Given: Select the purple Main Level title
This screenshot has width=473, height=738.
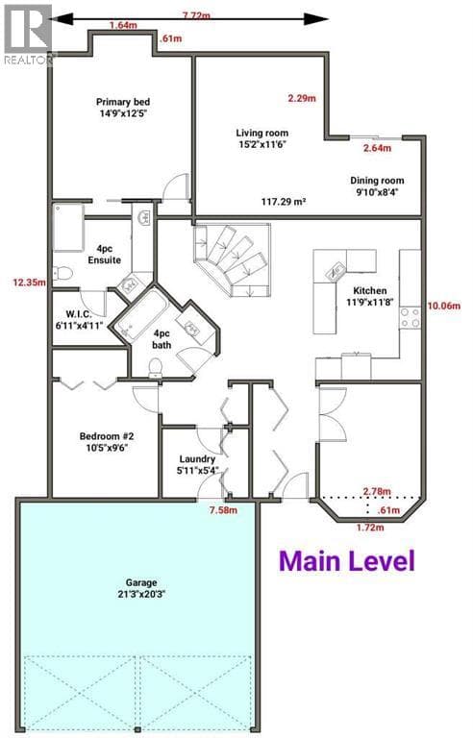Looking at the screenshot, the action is click(347, 561).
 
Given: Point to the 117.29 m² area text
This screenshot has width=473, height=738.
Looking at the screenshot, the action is click(284, 202).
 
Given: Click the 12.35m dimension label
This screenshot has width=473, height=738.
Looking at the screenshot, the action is click(29, 283).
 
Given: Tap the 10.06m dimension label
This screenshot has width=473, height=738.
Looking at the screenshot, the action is click(444, 306).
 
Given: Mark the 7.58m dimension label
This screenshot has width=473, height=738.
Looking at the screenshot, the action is click(223, 510).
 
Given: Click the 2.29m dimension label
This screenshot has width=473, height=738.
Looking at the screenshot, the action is click(302, 98).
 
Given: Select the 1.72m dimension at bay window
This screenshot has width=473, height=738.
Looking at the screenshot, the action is click(370, 528).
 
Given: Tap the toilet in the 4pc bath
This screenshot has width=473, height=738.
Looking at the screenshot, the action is click(155, 368).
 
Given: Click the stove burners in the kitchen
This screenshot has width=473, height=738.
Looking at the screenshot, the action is click(410, 318).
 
